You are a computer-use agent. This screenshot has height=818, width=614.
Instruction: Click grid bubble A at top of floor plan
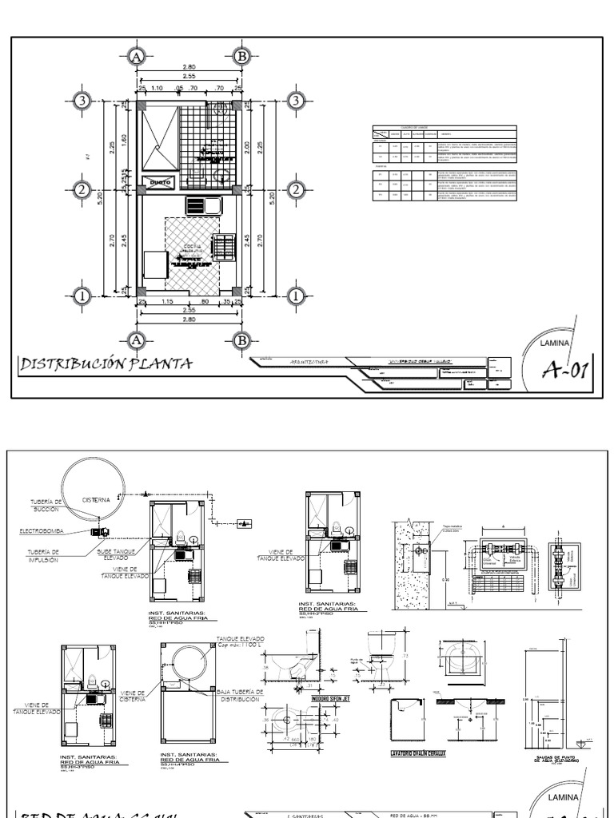136,56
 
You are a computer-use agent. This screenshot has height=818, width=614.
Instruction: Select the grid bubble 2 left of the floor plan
81,190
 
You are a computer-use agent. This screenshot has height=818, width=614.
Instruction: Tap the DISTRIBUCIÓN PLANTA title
106,364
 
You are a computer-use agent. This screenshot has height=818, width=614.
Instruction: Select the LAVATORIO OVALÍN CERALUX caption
419,752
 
